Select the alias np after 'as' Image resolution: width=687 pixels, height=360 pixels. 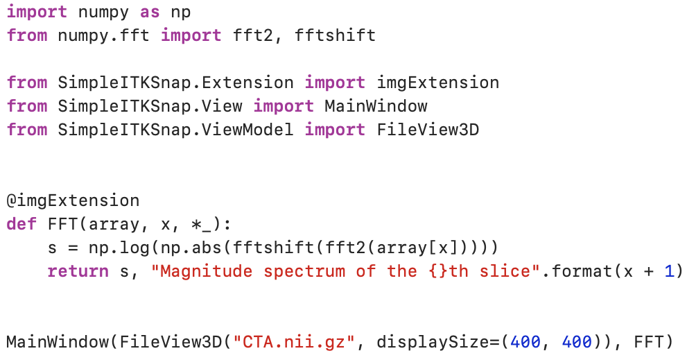tap(181, 12)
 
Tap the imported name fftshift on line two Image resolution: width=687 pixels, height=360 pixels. tap(335, 35)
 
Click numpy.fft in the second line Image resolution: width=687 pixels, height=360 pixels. tap(104, 35)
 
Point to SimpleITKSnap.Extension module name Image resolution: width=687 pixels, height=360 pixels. tap(175, 83)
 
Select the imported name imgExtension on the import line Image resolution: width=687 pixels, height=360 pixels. tap(437, 83)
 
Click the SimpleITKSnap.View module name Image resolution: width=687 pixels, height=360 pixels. tap(150, 106)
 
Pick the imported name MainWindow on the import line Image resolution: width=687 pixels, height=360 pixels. tap(376, 106)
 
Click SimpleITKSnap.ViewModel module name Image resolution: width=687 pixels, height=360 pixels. tap(175, 130)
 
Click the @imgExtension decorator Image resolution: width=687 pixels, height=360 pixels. tap(73, 201)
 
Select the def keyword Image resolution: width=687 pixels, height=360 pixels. tap(21, 225)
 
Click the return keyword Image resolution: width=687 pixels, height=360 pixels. tap(78, 271)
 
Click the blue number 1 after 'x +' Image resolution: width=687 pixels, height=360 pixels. tap(669, 271)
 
